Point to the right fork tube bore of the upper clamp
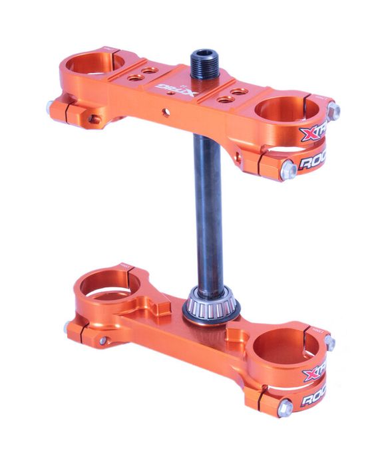(284, 110)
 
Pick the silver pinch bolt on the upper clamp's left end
(51, 106)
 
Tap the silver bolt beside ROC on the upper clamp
(289, 170)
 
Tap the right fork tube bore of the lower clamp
(278, 347)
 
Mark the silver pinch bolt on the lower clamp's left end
(69, 328)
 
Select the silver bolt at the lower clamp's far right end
(329, 342)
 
